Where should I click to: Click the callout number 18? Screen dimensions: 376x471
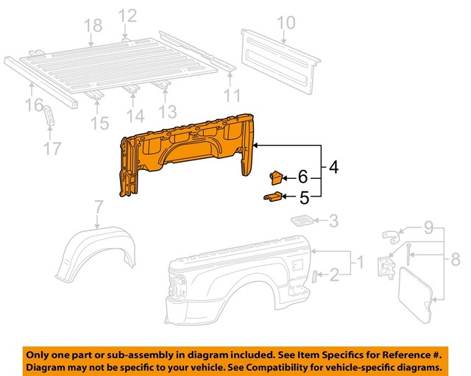click(93, 26)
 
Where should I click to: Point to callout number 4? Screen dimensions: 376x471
click(333, 168)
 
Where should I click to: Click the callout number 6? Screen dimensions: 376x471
click(302, 177)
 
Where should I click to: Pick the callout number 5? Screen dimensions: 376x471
click(302, 196)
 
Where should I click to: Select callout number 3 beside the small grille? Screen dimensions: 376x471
click(333, 220)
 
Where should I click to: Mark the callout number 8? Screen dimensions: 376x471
click(455, 259)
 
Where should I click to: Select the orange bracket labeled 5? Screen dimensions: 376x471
click(272, 196)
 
